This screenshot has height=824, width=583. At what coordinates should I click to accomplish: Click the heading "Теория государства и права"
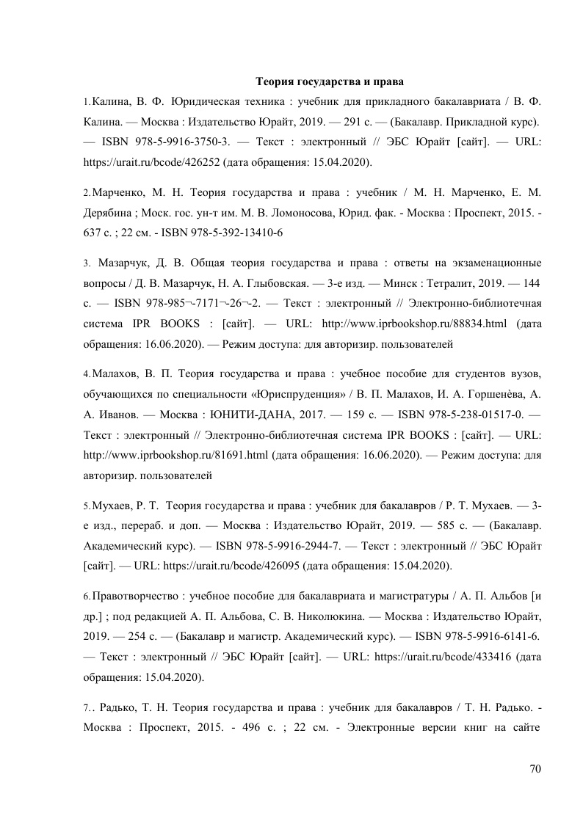330,79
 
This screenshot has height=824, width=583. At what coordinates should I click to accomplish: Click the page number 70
535,769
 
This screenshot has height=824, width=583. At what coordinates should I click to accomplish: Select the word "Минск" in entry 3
397,282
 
